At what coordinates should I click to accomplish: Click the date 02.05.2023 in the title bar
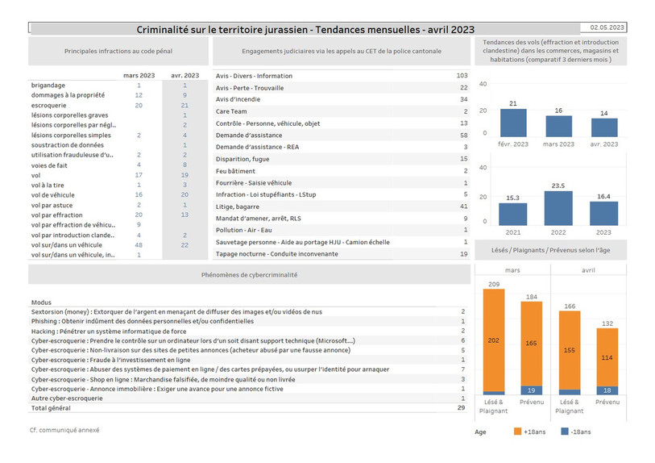tap(607, 27)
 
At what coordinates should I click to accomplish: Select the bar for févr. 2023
tap(513, 123)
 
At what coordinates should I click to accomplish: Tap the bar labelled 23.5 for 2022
tap(558, 208)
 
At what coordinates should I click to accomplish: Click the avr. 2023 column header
tap(184, 75)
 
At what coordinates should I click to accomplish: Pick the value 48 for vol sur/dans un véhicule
tap(139, 245)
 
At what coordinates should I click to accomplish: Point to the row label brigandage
tap(48, 86)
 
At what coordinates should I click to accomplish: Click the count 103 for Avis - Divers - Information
tap(462, 76)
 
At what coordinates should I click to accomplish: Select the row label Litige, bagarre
tap(238, 206)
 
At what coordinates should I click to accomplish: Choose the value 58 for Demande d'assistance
tap(464, 135)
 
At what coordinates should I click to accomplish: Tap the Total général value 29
tap(461, 407)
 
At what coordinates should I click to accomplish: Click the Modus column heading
tap(41, 302)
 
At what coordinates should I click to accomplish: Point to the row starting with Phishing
tap(143, 321)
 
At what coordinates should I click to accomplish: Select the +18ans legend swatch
tap(517, 432)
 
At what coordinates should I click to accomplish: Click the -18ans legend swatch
tap(565, 432)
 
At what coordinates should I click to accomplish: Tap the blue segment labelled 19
tap(532, 390)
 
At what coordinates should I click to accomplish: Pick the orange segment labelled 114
tap(607, 357)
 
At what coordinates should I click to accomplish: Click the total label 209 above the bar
tap(494, 284)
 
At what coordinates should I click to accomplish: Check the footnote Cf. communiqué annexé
tap(64, 430)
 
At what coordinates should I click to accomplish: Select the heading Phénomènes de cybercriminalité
tap(250, 275)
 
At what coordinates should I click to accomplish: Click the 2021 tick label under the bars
tap(513, 232)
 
